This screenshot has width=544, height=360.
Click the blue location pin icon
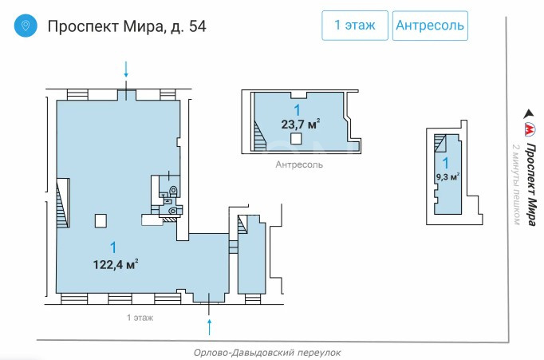click(x=26, y=26)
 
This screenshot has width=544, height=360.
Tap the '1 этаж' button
click(x=355, y=26)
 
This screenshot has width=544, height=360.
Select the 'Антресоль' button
click(x=430, y=26)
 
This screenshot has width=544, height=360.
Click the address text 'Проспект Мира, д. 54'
click(x=127, y=26)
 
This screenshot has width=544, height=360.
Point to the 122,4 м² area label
click(x=116, y=265)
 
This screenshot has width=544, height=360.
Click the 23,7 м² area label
click(x=301, y=124)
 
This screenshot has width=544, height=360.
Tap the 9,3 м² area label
click(x=447, y=176)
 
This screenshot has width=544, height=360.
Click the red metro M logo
click(x=530, y=129)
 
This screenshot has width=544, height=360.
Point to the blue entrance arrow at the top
click(x=126, y=69)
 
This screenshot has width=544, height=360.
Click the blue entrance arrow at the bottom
click(x=209, y=327)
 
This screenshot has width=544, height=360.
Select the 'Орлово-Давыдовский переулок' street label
click(x=267, y=353)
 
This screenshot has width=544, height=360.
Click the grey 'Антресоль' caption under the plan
click(x=299, y=164)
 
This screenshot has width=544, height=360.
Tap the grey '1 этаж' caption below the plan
click(x=140, y=318)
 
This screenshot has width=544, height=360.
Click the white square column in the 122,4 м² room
click(x=101, y=221)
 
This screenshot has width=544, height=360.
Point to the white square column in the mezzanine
click(x=296, y=139)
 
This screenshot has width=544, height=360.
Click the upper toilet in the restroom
click(x=173, y=191)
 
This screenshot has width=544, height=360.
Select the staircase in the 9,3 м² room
click(x=440, y=143)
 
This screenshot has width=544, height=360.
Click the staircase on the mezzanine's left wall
click(x=259, y=136)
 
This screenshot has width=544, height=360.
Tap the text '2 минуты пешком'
click(x=516, y=184)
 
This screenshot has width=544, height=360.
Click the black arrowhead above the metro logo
click(x=529, y=114)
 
